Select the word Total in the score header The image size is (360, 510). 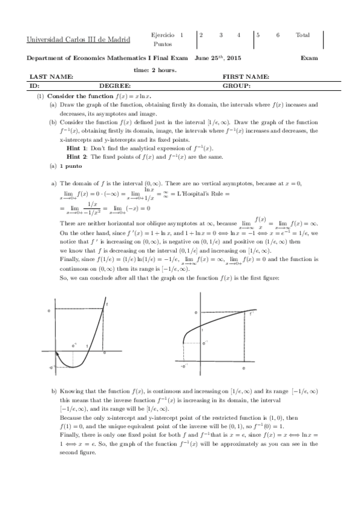[x=303, y=35]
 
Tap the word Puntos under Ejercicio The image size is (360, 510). [x=162, y=45]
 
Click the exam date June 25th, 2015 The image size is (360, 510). [x=218, y=58]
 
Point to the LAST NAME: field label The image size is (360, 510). [x=51, y=77]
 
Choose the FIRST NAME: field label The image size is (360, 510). [x=245, y=77]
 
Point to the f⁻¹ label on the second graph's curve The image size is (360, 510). [x=252, y=313]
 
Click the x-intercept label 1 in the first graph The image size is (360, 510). [x=88, y=345]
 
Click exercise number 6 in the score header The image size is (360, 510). [x=278, y=35]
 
